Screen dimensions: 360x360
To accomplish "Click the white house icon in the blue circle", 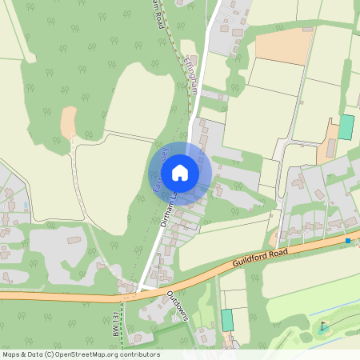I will pyautogui.click(x=180, y=173).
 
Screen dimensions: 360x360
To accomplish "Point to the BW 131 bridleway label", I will pyautogui.click(x=116, y=323).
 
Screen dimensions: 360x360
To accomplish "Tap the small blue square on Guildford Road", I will pyautogui.click(x=347, y=240).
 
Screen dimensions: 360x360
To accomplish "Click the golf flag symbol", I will pyautogui.click(x=324, y=326).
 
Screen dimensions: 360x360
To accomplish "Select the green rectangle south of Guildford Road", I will pyautogui.click(x=227, y=320).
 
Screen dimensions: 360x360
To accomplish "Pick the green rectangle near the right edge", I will pyautogui.click(x=346, y=127).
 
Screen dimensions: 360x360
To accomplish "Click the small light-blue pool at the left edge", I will pyautogui.click(x=25, y=206).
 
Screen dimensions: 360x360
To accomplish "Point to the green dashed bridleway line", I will pyautogui.click(x=122, y=320).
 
